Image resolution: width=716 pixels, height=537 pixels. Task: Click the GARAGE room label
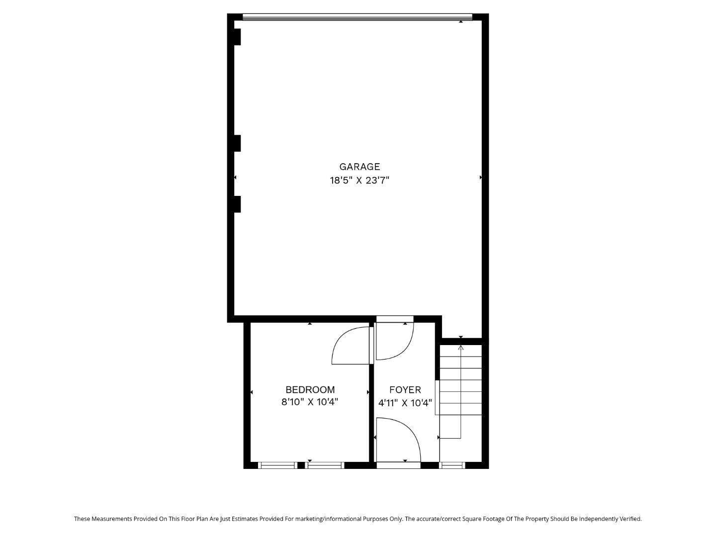[359, 167]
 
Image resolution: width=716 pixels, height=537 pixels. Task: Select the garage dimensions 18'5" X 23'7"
[359, 180]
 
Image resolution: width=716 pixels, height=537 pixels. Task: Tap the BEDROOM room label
[310, 390]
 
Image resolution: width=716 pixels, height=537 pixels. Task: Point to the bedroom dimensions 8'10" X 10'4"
[310, 402]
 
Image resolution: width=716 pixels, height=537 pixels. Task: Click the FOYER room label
[405, 390]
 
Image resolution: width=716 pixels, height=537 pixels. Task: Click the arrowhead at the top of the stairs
[461, 348]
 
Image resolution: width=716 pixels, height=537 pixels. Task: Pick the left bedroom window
[277, 465]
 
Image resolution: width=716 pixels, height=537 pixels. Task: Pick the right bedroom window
[324, 465]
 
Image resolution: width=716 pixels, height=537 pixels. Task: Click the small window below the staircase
[452, 465]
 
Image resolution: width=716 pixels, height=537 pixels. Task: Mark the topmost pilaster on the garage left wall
[237, 37]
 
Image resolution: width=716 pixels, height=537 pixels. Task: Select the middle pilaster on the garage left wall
[237, 143]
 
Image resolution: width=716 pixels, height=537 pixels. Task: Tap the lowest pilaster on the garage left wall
[237, 204]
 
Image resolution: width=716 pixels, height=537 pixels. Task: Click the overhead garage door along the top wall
[357, 17]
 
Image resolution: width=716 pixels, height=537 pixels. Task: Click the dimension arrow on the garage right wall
[481, 178]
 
